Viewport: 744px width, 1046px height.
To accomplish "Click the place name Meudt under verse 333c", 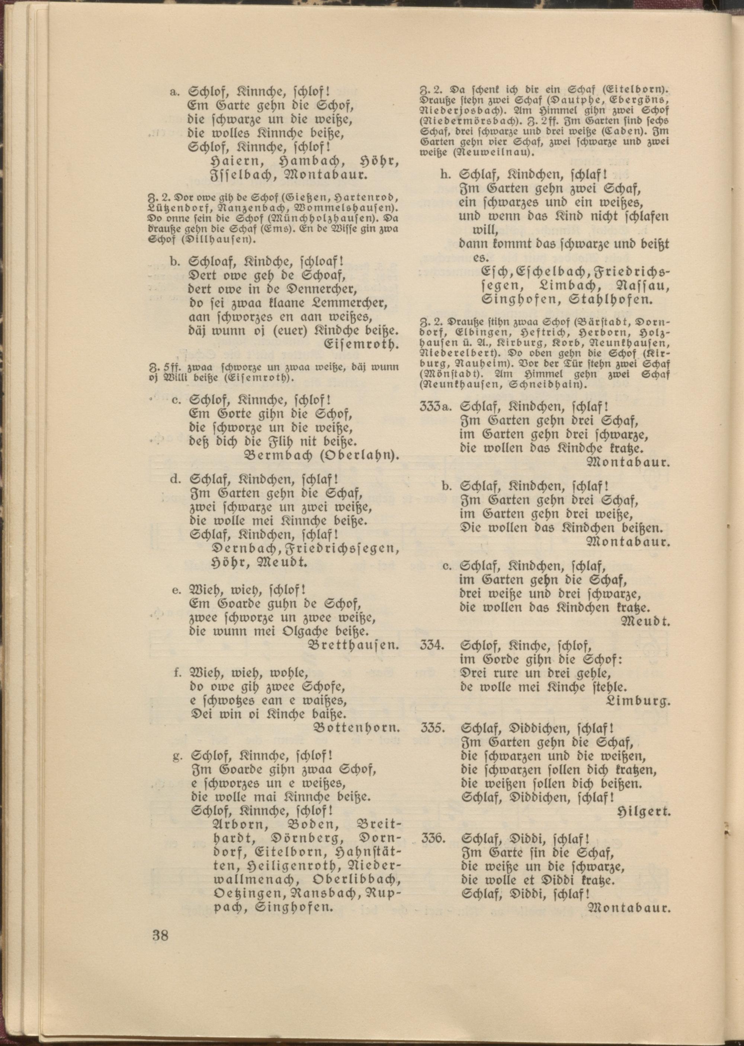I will pyautogui.click(x=646, y=622).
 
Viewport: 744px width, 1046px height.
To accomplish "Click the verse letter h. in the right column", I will pyautogui.click(x=444, y=175).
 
